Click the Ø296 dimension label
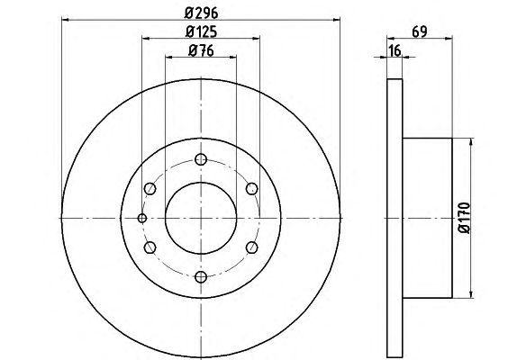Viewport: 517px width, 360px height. (201, 13)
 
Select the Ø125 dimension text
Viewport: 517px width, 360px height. (201, 31)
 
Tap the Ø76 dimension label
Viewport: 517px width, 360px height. (201, 50)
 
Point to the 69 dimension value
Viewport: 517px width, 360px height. (420, 31)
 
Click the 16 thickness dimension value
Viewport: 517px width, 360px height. (395, 50)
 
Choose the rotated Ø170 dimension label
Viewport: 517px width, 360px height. (464, 218)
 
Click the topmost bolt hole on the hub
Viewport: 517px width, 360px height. (201, 159)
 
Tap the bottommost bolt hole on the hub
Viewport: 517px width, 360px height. (201, 276)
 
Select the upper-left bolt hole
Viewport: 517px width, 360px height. (150, 189)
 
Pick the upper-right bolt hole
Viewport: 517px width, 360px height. (252, 189)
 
